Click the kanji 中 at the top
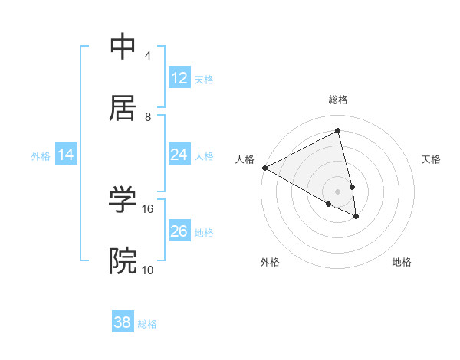click(x=123, y=47)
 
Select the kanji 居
click(x=123, y=107)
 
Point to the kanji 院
click(x=123, y=260)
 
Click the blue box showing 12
click(x=179, y=78)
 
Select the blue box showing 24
click(x=179, y=155)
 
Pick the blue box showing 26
click(x=179, y=231)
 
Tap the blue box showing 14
click(x=66, y=155)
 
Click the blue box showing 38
click(x=123, y=322)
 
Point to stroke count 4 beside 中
click(x=148, y=56)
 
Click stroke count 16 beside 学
click(x=148, y=208)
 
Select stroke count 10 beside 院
click(x=148, y=270)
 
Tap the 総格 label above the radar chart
click(x=338, y=100)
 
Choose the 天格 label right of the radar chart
click(x=432, y=159)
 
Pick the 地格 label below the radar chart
click(x=402, y=262)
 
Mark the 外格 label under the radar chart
click(x=270, y=262)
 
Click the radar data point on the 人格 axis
click(x=264, y=168)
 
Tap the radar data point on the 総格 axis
click(x=338, y=130)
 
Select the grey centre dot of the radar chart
click(x=338, y=191)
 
